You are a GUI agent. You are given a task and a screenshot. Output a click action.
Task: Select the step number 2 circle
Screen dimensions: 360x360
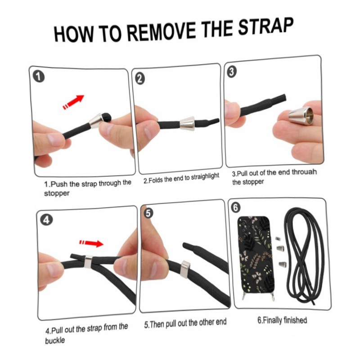point(139,79)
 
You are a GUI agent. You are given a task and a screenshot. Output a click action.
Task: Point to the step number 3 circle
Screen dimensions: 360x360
point(231,72)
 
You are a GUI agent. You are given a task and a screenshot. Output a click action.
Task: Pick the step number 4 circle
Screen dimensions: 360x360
point(46,220)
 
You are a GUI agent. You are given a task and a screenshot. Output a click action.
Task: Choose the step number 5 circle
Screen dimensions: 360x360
point(148,213)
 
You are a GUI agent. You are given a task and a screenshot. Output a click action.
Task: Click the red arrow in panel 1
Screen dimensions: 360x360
point(73,102)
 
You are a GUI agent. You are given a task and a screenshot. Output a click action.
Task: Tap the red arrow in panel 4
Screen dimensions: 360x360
point(91,243)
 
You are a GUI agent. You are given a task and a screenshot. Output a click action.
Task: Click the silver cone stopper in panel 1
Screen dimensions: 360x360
point(96,120)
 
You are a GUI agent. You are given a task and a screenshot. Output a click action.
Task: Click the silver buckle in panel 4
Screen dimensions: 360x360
point(88,262)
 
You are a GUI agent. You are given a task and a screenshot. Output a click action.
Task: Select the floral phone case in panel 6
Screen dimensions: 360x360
point(255,255)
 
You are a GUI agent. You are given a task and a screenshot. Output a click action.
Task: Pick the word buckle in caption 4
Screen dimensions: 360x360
point(55,340)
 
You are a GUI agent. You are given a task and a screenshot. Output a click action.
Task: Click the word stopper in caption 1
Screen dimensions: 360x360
point(57,193)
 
